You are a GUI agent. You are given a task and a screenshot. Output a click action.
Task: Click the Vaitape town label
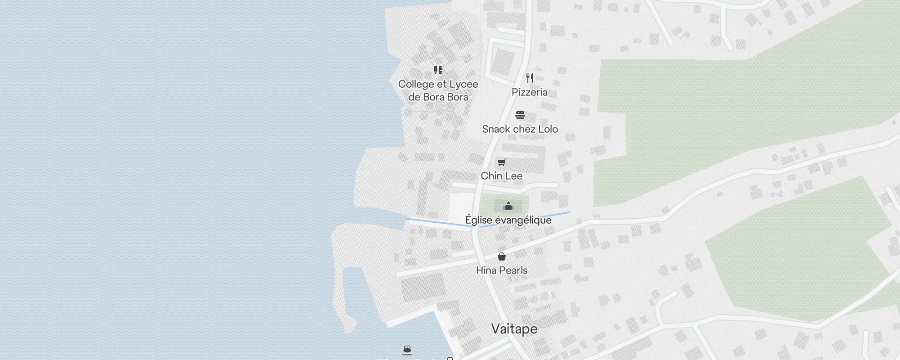pyautogui.click(x=514, y=329)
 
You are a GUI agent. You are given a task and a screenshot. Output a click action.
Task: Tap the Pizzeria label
pyautogui.click(x=530, y=92)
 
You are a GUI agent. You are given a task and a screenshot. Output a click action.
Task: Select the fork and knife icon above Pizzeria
pyautogui.click(x=530, y=78)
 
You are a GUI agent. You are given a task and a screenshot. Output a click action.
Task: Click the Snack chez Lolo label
pyautogui.click(x=520, y=129)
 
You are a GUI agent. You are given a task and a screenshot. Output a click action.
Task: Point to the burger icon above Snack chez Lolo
pyautogui.click(x=520, y=115)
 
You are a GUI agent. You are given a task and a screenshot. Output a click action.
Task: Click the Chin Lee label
pyautogui.click(x=501, y=176)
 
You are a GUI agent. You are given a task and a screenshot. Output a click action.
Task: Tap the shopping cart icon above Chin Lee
pyautogui.click(x=501, y=162)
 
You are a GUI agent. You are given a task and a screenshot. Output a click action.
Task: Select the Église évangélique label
pyautogui.click(x=508, y=220)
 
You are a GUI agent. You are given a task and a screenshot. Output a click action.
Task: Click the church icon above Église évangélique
pyautogui.click(x=508, y=206)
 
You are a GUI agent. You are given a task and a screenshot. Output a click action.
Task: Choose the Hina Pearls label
pyautogui.click(x=502, y=270)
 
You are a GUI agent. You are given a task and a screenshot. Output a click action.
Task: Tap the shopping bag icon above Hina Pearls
pyautogui.click(x=502, y=256)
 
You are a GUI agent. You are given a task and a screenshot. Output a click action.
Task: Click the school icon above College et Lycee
pyautogui.click(x=438, y=70)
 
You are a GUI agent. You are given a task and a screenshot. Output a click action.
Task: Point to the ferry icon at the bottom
pyautogui.click(x=407, y=351)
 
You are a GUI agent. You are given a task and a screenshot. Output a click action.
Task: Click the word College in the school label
pyautogui.click(x=416, y=84)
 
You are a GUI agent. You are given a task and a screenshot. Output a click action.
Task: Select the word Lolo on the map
pyautogui.click(x=548, y=129)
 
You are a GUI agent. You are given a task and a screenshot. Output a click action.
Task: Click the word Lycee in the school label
pyautogui.click(x=464, y=84)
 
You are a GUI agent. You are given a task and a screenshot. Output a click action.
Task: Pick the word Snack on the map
pyautogui.click(x=496, y=129)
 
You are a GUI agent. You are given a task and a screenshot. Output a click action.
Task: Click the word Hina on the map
pyautogui.click(x=486, y=270)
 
